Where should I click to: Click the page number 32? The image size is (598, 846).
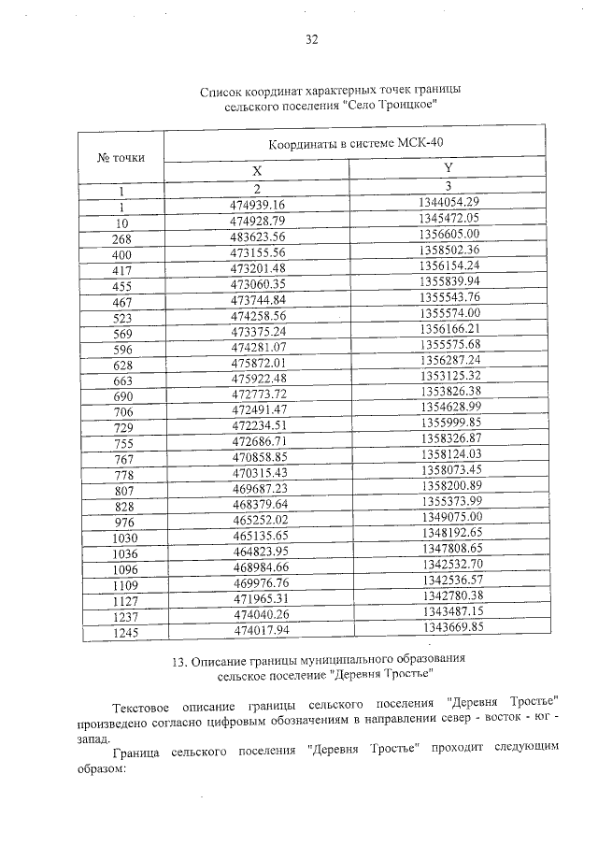312,39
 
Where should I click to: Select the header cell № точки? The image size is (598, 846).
121,157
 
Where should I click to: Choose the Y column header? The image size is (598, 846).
448,167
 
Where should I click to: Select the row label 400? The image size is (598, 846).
121,254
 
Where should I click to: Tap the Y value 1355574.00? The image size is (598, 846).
449,312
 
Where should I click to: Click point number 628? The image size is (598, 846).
121,363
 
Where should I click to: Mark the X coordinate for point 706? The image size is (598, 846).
257,409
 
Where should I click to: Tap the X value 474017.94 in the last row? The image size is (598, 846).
257,632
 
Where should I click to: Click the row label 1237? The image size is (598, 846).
121,616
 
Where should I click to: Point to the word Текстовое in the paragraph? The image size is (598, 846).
144,702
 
